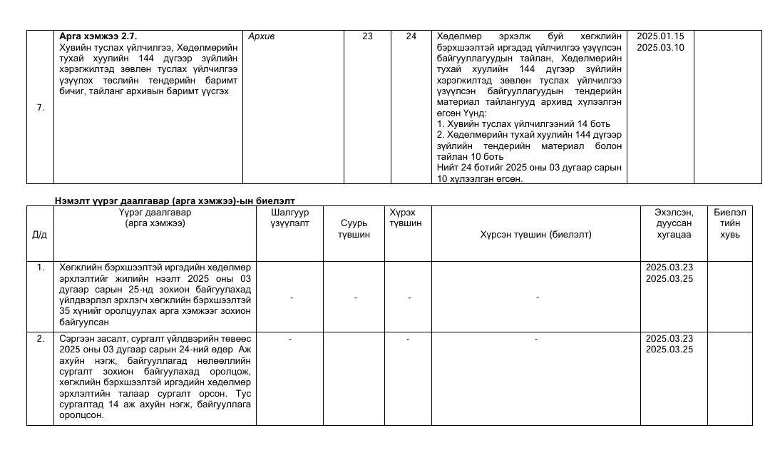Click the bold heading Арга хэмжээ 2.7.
coord(98,36)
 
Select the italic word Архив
coord(262,36)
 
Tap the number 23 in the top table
coord(367,36)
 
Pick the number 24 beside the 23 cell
coord(411,36)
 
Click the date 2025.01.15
coord(659,36)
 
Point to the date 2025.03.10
coord(659,47)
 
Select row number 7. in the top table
coord(40,108)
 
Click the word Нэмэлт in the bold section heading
coord(70,201)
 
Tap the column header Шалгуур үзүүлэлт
coord(289,218)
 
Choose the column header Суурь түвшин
coord(355,229)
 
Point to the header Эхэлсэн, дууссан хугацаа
coord(673,223)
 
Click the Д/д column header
coord(40,234)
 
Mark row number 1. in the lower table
coord(40,268)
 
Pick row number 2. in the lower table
coord(40,338)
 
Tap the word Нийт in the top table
coord(446,168)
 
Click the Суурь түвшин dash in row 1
coord(355,296)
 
